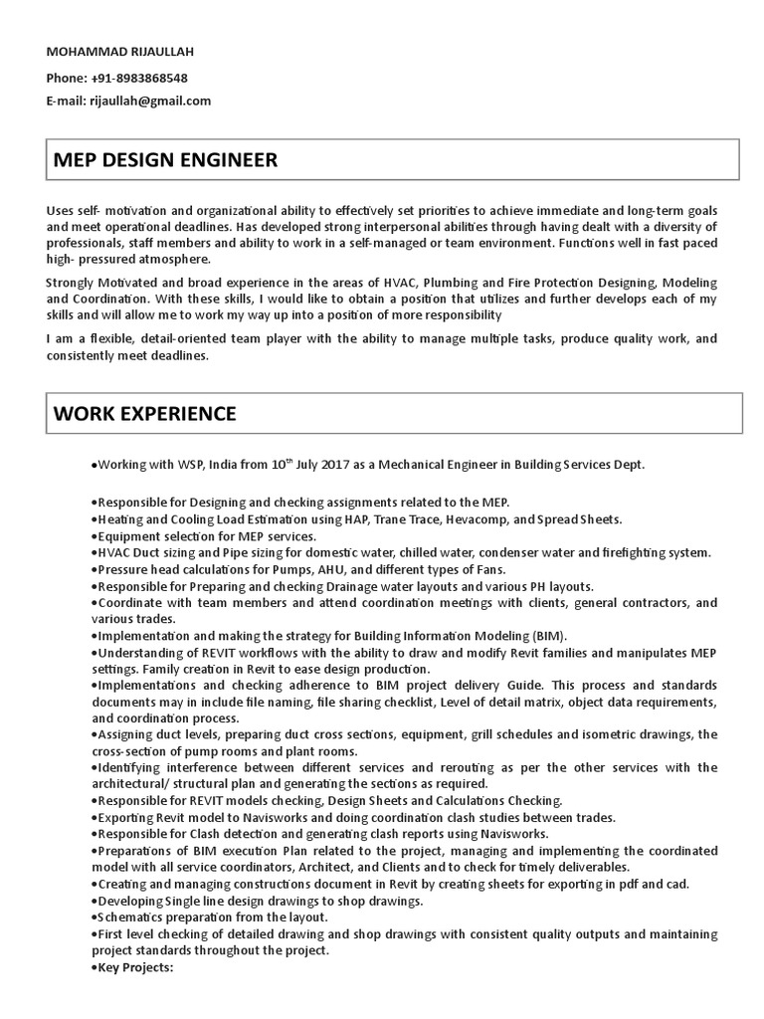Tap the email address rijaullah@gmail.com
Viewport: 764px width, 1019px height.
coord(150,101)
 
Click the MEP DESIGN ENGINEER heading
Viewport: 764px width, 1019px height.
coord(165,160)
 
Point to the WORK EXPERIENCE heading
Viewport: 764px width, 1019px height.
coord(144,413)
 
